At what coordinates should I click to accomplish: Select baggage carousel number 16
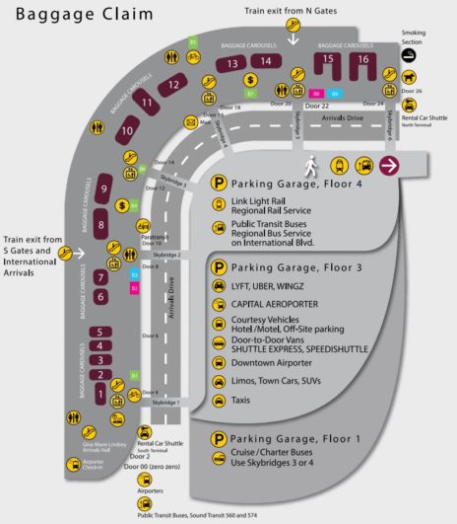[x=363, y=60]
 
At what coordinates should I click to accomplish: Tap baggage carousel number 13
[x=232, y=64]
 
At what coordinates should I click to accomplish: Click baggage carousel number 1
[x=99, y=393]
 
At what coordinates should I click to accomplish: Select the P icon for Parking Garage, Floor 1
[x=218, y=439]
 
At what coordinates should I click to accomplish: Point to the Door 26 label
[x=412, y=91]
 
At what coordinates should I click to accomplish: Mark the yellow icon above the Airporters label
[x=146, y=479]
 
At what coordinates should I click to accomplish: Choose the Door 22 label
[x=317, y=106]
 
